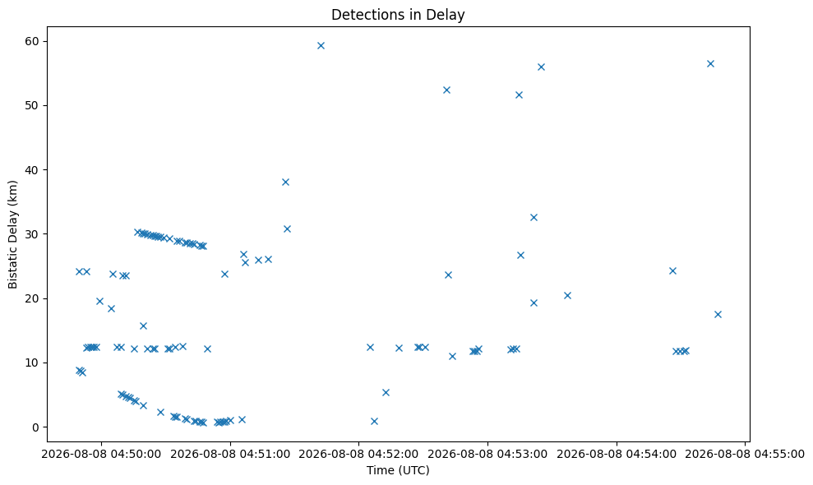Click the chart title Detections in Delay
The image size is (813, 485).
pos(398,15)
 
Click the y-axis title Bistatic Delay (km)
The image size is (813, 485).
pos(12,234)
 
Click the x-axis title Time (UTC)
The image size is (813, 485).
pos(398,470)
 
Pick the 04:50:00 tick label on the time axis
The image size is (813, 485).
pos(101,455)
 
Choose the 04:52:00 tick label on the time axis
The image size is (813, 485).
pos(358,455)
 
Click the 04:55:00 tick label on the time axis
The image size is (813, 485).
pos(745,455)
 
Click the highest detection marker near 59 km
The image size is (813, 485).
pos(321,46)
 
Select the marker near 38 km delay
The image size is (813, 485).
pos(285,182)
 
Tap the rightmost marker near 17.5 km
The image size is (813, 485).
pos(718,314)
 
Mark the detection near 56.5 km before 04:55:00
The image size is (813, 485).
pos(710,64)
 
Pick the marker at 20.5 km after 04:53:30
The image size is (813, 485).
pos(567,296)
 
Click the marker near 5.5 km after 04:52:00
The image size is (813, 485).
pos(386,393)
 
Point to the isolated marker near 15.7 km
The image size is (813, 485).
pos(144,326)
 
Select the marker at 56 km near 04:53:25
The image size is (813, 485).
pos(541,67)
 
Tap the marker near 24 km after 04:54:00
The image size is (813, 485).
pos(672,270)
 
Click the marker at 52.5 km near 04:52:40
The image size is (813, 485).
pos(446,90)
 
